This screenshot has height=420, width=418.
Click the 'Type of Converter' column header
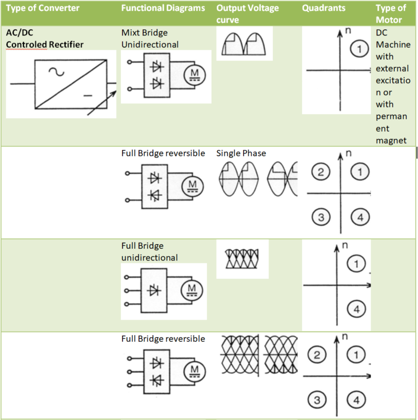(43, 8)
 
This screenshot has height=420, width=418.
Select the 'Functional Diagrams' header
(163, 8)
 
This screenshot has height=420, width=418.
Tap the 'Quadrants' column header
(323, 8)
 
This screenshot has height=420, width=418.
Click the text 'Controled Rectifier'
(45, 45)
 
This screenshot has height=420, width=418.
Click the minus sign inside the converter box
(88, 95)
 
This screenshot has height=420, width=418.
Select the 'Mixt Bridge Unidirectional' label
(150, 39)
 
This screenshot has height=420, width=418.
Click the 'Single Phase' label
(241, 153)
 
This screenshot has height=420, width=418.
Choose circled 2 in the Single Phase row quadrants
(321, 172)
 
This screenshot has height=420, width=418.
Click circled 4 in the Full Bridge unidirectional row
(356, 309)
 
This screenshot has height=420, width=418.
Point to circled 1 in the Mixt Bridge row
(359, 49)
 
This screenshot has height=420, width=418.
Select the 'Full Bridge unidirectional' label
(150, 252)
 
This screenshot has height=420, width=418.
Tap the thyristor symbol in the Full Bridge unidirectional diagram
(153, 291)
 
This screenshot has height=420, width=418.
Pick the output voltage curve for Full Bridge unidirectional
(242, 258)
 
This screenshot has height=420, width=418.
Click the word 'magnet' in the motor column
(391, 140)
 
